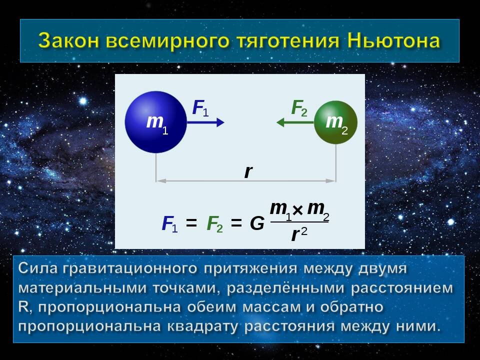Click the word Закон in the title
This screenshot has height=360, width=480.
tap(68, 40)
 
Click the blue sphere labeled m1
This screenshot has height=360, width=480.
tap(156, 122)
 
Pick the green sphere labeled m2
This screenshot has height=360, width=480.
tap(336, 122)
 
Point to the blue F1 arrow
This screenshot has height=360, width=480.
tap(205, 122)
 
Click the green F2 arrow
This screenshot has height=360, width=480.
tap(295, 122)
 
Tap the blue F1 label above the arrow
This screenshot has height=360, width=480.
tap(200, 108)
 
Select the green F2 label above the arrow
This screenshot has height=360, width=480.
tap(299, 108)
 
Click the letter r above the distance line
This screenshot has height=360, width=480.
tap(248, 171)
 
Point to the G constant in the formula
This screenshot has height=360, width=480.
tap(257, 223)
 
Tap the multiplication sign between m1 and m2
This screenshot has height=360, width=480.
tap(297, 210)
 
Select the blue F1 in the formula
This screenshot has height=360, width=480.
tap(169, 224)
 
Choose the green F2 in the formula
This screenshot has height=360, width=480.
tap(214, 224)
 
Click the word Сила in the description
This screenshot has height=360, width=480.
tap(38, 268)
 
